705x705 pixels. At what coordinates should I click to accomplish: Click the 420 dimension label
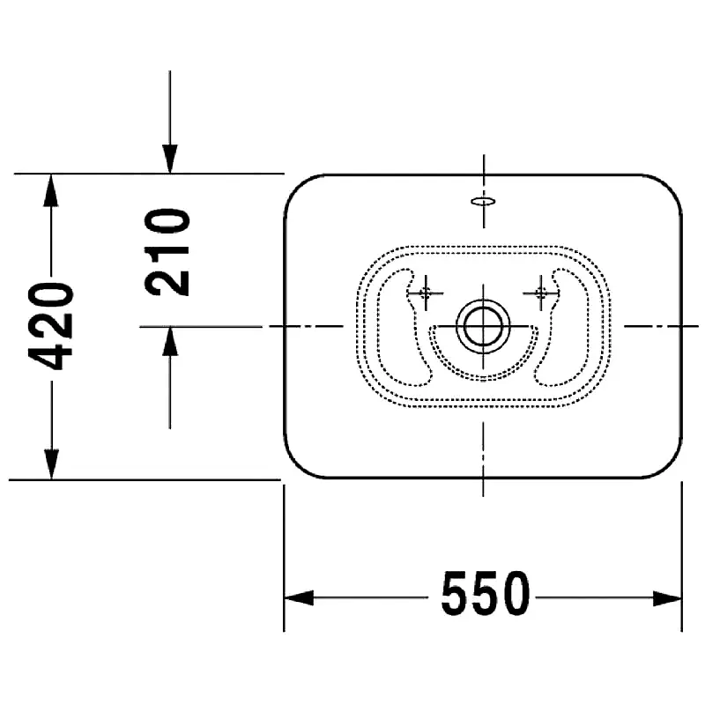(x=51, y=326)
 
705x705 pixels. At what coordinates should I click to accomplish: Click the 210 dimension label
(x=167, y=252)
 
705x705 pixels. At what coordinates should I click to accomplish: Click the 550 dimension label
(x=486, y=593)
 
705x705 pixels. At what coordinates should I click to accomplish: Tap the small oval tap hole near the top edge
(x=483, y=202)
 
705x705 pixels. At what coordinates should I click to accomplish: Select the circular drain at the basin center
(x=483, y=326)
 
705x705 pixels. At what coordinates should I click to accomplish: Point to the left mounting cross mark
(x=426, y=293)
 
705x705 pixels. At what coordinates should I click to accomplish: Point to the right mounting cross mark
(x=541, y=293)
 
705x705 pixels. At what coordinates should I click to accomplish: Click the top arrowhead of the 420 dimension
(x=51, y=189)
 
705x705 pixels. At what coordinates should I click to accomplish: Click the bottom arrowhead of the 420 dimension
(x=51, y=464)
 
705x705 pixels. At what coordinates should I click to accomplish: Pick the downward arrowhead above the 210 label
(x=169, y=160)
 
